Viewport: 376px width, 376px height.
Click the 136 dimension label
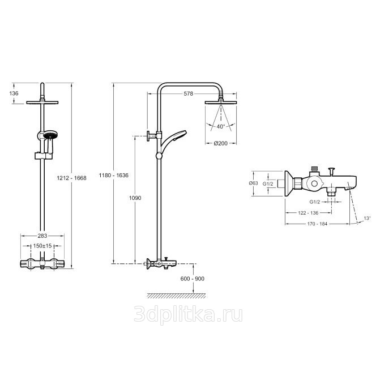click(14, 93)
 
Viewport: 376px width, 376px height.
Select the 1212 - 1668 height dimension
click(71, 178)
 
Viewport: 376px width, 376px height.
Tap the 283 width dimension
click(42, 236)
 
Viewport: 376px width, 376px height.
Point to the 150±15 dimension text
click(42, 246)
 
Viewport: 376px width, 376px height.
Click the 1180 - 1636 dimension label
click(114, 176)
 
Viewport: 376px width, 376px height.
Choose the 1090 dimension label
click(135, 198)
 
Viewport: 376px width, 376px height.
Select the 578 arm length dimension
click(188, 93)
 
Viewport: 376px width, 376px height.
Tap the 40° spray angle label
click(221, 126)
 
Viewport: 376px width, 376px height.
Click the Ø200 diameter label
click(221, 143)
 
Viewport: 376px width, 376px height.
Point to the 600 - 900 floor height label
click(193, 279)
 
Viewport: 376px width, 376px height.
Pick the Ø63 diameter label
click(253, 183)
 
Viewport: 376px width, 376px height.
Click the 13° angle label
click(367, 218)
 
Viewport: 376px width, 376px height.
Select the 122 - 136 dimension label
click(308, 213)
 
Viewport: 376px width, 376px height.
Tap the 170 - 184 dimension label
click(317, 224)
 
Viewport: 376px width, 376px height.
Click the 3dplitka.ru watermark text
click(188, 314)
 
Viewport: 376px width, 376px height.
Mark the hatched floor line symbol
click(177, 296)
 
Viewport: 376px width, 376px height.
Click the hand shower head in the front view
click(50, 135)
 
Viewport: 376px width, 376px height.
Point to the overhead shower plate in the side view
click(221, 102)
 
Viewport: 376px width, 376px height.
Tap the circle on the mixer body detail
click(314, 184)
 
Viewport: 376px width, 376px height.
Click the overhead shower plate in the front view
click(42, 102)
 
